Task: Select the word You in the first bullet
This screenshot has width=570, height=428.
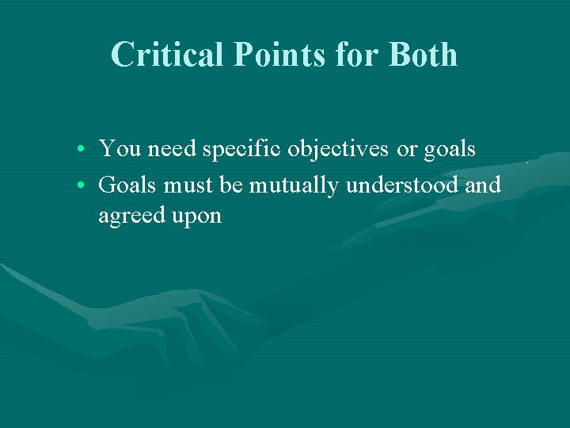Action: pos(116,148)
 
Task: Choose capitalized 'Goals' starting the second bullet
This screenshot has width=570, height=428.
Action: pos(127,185)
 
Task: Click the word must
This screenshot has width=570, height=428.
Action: pos(191,185)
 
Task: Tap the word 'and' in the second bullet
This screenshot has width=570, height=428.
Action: pos(484,185)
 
